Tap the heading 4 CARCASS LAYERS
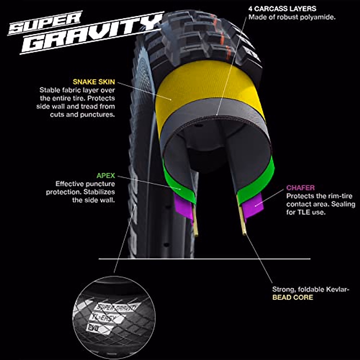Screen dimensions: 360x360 coord(282,9)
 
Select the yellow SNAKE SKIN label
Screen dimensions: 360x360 coord(94,82)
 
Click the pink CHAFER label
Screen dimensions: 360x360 coord(300,188)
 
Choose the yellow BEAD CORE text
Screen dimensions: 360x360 coord(292,297)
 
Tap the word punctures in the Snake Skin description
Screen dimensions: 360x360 coord(97,115)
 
